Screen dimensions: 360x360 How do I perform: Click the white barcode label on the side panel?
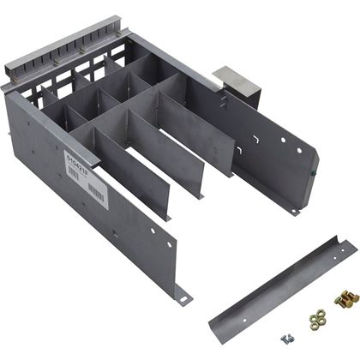pos(97,178)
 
